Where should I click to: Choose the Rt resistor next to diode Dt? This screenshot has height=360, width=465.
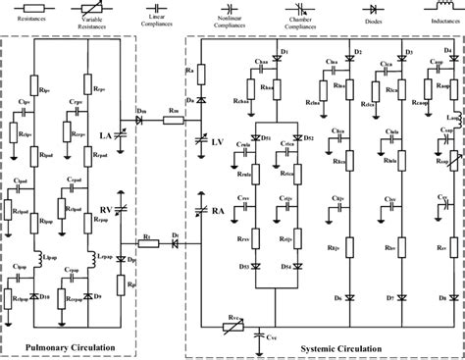[144, 243]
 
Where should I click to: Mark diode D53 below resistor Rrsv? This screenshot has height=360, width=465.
[256, 266]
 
